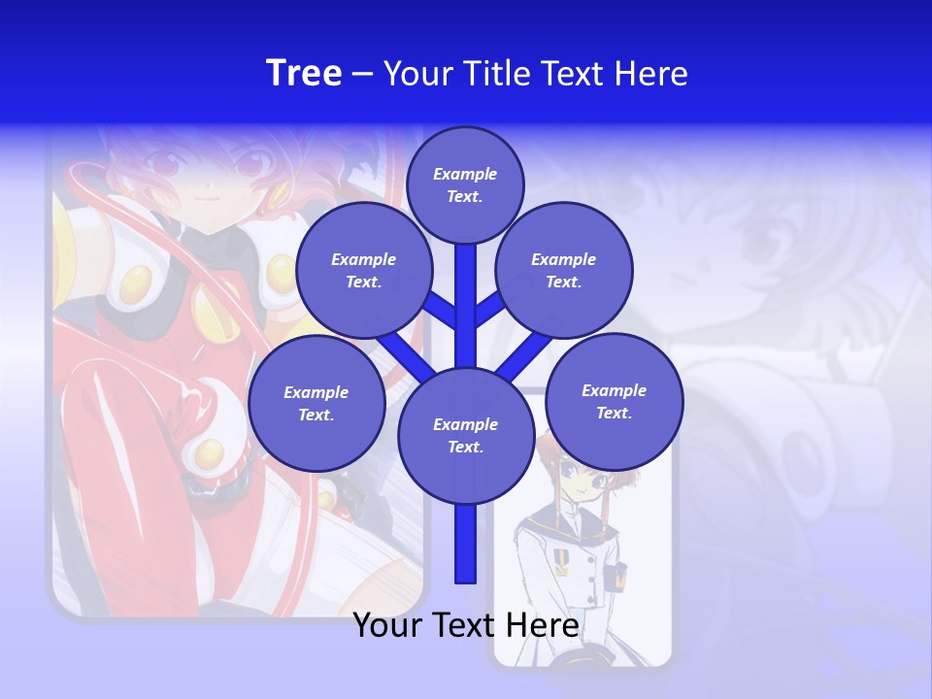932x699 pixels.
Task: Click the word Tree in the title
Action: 304,73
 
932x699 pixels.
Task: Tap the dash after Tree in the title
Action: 362,75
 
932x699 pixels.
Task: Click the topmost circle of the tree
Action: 465,184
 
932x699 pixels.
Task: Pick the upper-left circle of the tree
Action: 363,270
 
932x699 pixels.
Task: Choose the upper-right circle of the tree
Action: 564,270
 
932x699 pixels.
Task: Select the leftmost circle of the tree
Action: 316,403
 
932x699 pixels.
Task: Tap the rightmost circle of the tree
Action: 615,402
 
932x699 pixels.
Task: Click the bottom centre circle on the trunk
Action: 466,436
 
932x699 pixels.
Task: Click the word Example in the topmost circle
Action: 465,174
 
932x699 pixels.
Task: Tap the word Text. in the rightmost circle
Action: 615,413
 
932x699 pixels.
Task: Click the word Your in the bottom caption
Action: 386,625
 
